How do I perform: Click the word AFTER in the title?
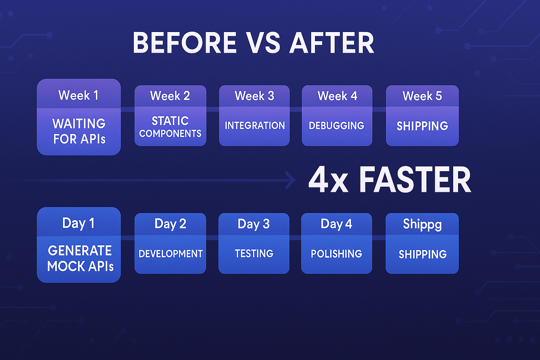(x=332, y=43)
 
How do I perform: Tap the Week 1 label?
(x=79, y=95)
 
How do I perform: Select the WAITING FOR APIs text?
(x=79, y=131)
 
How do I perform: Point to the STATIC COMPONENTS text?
(x=170, y=127)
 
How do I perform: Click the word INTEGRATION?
(x=255, y=126)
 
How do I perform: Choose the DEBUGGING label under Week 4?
(x=336, y=126)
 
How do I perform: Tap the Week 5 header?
(x=422, y=96)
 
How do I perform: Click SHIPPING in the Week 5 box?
(x=422, y=126)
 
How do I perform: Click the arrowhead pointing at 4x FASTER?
(x=291, y=180)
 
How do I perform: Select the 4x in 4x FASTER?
(x=328, y=180)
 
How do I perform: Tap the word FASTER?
(x=415, y=180)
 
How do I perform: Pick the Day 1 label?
(x=78, y=223)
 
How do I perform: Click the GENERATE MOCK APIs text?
(x=80, y=258)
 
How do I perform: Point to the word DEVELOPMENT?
(x=171, y=254)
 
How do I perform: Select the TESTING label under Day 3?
(x=254, y=254)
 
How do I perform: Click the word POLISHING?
(x=336, y=254)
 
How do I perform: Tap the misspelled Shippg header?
(x=422, y=225)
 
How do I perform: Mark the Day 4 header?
(x=336, y=224)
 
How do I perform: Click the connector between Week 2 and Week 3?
(x=213, y=110)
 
